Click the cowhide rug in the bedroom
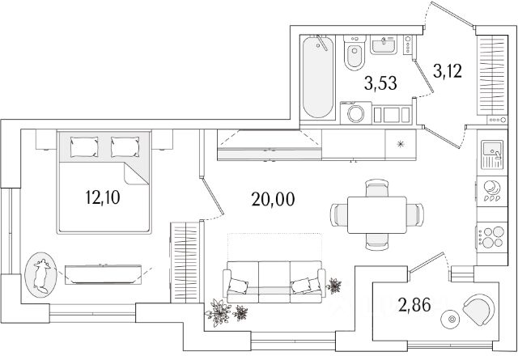(40, 276)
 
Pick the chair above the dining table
(376, 188)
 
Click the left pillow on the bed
(83, 146)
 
